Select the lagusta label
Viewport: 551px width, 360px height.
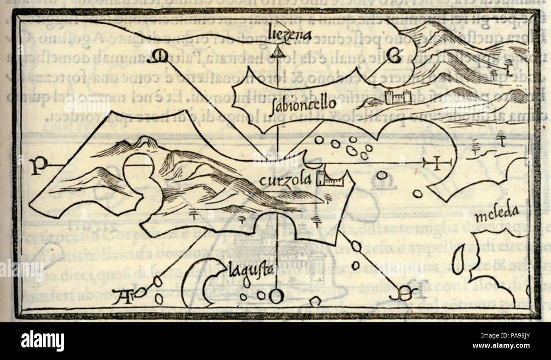point(251,269)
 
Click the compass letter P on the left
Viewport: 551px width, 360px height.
point(38,166)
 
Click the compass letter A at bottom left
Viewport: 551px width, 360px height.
point(124,297)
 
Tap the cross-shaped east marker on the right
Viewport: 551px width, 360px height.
point(436,162)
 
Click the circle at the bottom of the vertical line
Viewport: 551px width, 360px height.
point(276,296)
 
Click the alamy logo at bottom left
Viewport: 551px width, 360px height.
point(42,341)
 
